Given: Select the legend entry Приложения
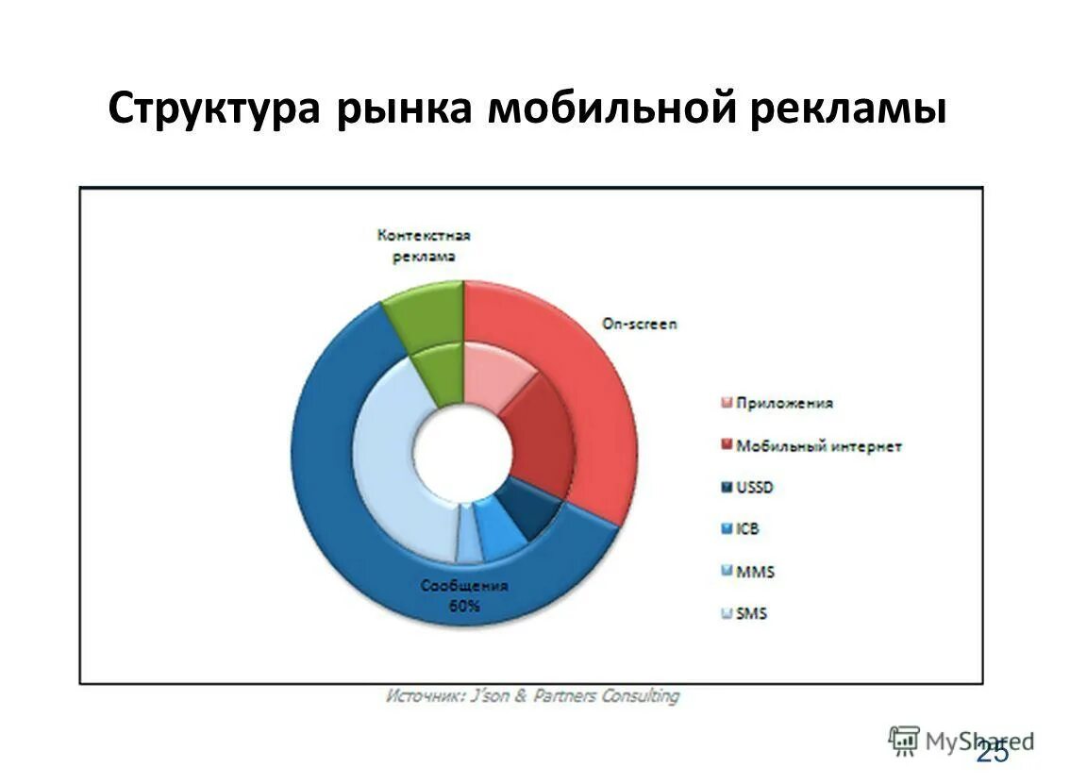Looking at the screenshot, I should (x=783, y=404).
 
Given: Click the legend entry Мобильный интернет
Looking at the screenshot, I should (x=817, y=446).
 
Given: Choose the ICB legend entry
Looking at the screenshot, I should (x=747, y=529).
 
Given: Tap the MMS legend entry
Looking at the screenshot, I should (x=755, y=572).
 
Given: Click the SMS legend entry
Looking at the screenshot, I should (x=751, y=614).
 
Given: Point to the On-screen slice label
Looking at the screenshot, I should (x=640, y=324).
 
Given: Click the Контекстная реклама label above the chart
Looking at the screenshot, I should (x=424, y=245).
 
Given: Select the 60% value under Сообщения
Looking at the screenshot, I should (x=463, y=607).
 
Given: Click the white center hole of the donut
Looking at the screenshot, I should (x=463, y=454).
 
